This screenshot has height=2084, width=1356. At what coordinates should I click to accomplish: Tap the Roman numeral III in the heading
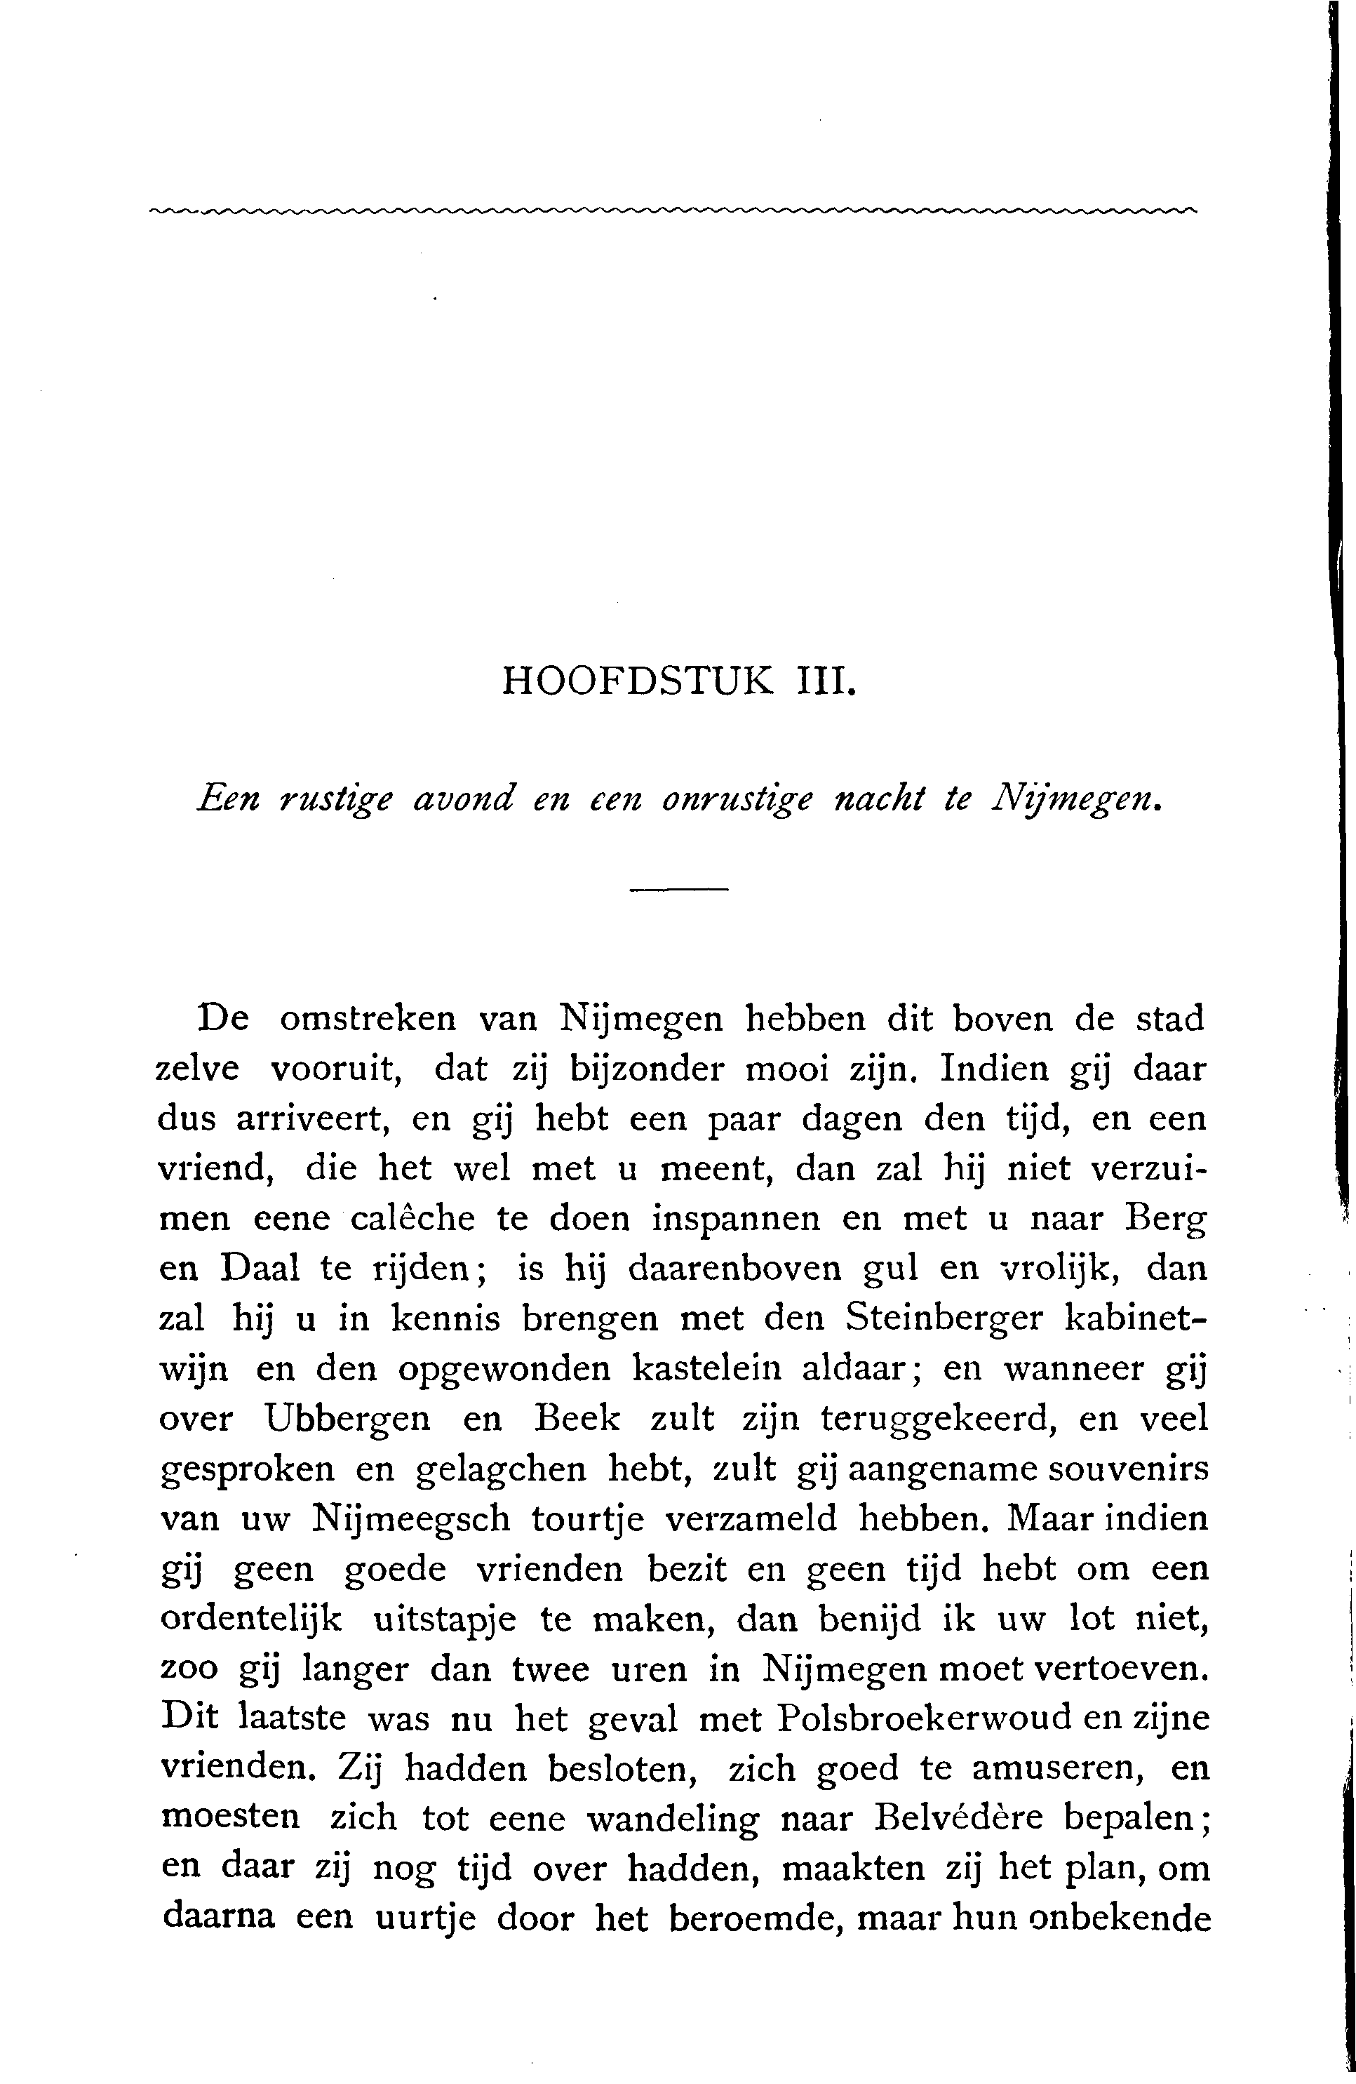click(821, 681)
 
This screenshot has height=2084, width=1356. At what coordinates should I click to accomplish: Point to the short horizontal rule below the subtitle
click(678, 890)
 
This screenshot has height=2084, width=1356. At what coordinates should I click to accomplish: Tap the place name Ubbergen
click(347, 1420)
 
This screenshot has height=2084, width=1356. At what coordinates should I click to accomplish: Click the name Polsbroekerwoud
click(924, 1720)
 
